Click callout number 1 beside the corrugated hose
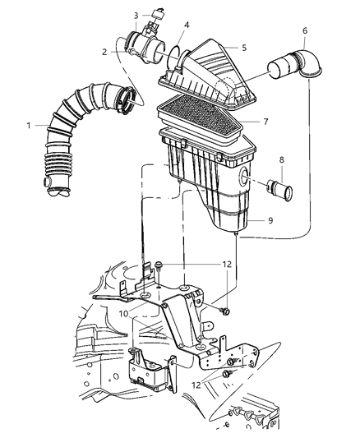pyautogui.click(x=29, y=126)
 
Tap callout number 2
pyautogui.click(x=104, y=52)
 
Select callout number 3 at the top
pyautogui.click(x=136, y=16)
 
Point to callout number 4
pyautogui.click(x=187, y=25)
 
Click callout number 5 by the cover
pyautogui.click(x=244, y=48)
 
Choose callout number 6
pyautogui.click(x=305, y=30)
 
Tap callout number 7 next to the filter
pyautogui.click(x=265, y=122)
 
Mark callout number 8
pyautogui.click(x=282, y=159)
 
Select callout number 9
pyautogui.click(x=270, y=220)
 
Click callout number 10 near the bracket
pyautogui.click(x=123, y=314)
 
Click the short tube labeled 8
pyautogui.click(x=279, y=189)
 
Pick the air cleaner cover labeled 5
pyautogui.click(x=207, y=76)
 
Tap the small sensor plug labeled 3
pyautogui.click(x=157, y=14)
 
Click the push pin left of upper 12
pyautogui.click(x=159, y=267)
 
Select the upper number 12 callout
pyautogui.click(x=227, y=264)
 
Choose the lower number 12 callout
pyautogui.click(x=196, y=385)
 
